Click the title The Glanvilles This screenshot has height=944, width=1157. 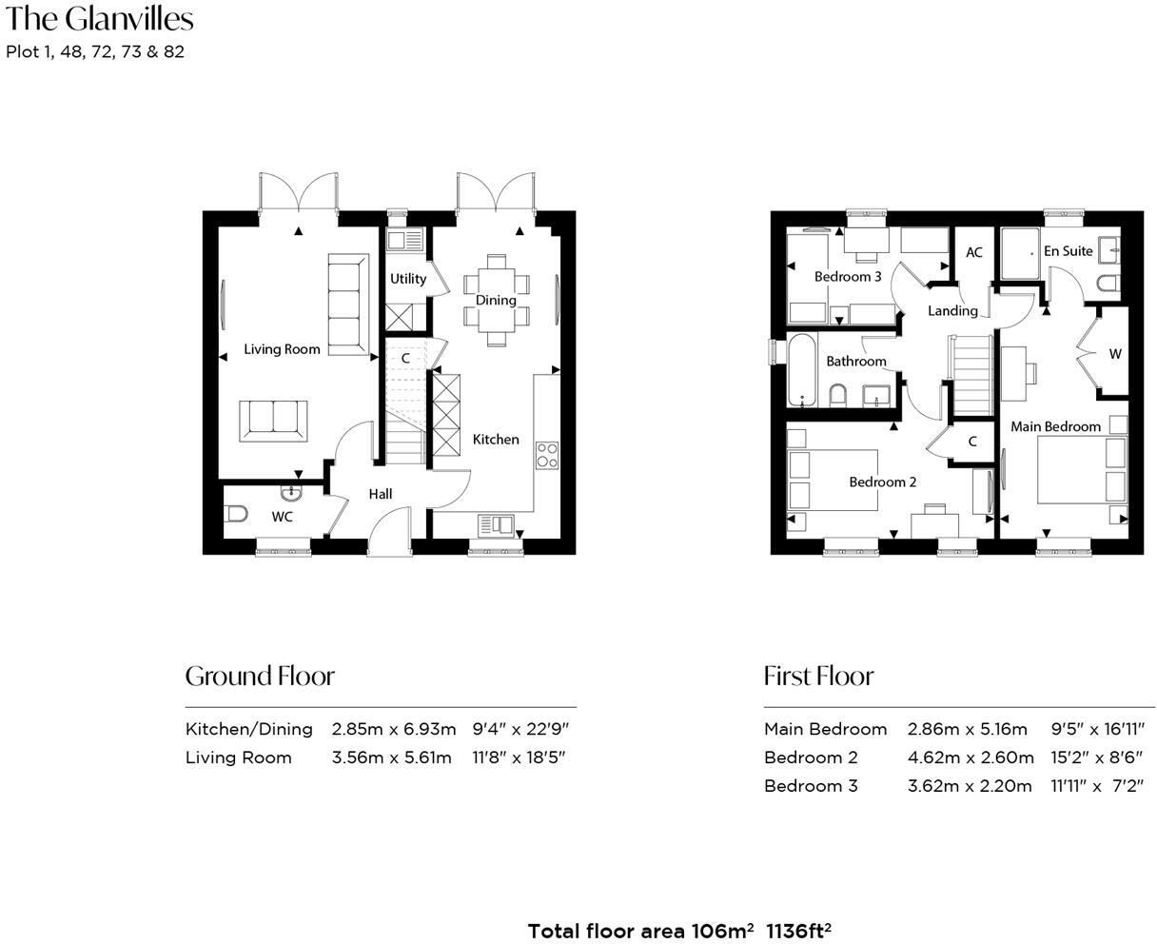(x=99, y=19)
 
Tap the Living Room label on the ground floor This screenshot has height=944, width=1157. (x=282, y=349)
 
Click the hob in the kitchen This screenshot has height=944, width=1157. (x=547, y=455)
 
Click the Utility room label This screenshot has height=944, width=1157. (x=408, y=279)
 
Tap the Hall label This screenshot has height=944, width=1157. (x=381, y=494)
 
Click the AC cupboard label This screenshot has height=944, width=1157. (x=973, y=252)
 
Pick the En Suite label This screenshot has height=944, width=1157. (x=1068, y=251)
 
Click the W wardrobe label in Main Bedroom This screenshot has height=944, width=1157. (x=1115, y=354)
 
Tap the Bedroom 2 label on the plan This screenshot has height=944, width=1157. (x=882, y=482)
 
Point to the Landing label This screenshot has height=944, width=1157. (x=952, y=310)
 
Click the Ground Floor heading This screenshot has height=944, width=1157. (x=260, y=676)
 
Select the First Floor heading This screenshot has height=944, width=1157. (x=818, y=676)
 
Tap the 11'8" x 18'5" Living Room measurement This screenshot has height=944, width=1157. (x=519, y=757)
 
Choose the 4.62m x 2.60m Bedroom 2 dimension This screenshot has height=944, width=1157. (x=970, y=757)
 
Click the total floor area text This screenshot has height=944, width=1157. (x=679, y=931)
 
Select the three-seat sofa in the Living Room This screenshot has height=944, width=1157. (x=348, y=305)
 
